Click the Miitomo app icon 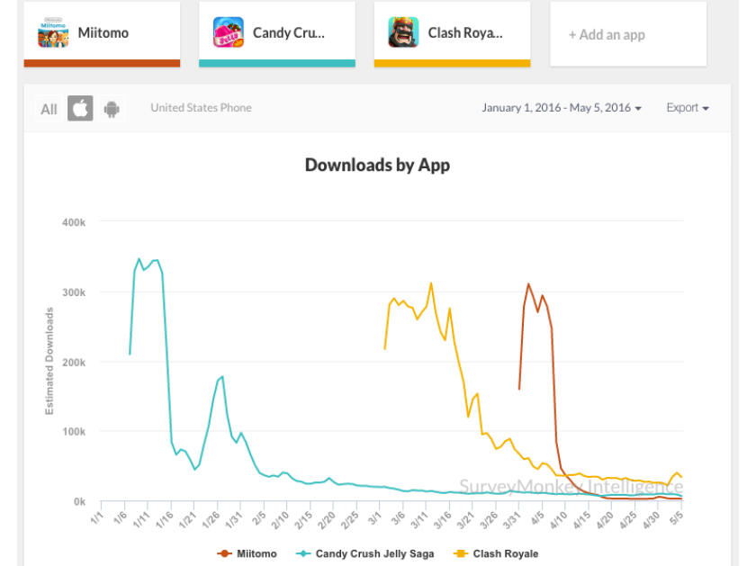click(53, 33)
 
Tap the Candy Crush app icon click(229, 33)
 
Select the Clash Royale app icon click(403, 33)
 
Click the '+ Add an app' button click(607, 35)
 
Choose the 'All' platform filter click(49, 109)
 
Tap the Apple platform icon click(80, 109)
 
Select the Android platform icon click(112, 109)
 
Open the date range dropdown click(562, 108)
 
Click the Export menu click(688, 108)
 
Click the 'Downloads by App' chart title click(377, 165)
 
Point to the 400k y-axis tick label click(72, 222)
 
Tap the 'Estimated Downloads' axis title click(49, 361)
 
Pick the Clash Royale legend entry click(497, 553)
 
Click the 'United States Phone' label click(201, 108)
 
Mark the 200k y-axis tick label click(72, 362)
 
